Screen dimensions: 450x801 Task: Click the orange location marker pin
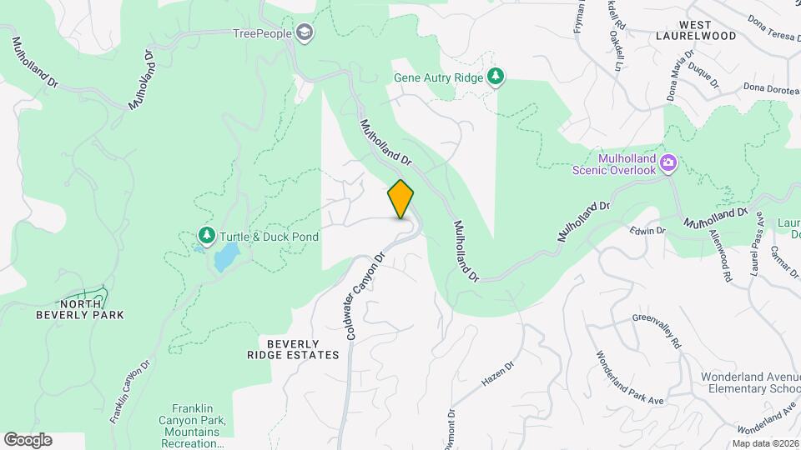point(400,198)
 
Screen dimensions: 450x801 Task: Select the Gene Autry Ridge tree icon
point(496,77)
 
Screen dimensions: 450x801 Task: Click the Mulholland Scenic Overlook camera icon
point(667,163)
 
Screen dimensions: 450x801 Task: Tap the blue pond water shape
point(224,258)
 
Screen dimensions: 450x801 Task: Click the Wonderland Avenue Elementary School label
point(750,382)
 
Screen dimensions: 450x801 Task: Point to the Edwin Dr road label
point(647,230)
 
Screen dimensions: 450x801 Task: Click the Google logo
point(28,440)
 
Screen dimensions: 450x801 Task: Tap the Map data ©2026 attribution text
point(765,443)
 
